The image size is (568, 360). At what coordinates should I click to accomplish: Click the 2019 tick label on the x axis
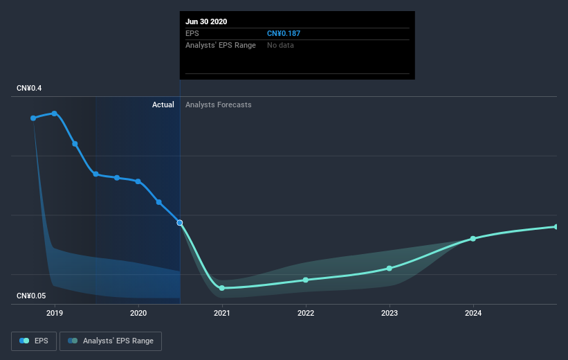55,313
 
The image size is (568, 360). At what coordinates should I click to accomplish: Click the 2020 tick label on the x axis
138,313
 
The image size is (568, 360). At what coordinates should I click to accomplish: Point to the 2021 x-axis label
222,313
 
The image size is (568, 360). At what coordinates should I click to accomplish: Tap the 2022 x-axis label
306,313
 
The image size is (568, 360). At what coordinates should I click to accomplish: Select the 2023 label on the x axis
390,313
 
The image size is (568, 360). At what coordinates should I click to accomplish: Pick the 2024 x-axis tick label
473,313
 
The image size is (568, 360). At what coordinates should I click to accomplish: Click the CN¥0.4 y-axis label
30,89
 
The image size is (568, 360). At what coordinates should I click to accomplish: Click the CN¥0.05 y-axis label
32,296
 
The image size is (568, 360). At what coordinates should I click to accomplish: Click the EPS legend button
34,341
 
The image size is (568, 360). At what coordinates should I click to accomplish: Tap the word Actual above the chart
163,105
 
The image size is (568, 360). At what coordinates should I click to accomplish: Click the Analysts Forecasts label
219,105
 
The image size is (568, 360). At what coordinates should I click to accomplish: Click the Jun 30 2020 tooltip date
207,21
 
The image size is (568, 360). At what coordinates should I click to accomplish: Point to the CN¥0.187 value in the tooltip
284,33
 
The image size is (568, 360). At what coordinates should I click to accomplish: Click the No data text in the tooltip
280,45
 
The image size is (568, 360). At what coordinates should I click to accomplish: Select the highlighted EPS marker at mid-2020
180,223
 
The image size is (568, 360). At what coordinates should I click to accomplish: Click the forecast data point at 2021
222,288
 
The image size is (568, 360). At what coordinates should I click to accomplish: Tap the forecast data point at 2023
390,268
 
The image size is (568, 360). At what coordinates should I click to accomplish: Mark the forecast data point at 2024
473,239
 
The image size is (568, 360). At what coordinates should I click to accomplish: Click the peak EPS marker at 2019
55,114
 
